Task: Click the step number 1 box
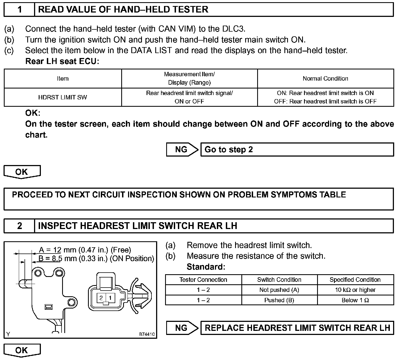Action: pyautogui.click(x=19, y=10)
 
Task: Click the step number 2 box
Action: pyautogui.click(x=19, y=226)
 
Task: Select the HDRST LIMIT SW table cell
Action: pyautogui.click(x=63, y=97)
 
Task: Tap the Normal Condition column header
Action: pyautogui.click(x=325, y=79)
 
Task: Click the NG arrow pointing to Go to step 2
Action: pyautogui.click(x=182, y=150)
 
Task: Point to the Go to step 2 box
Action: pyautogui.click(x=297, y=150)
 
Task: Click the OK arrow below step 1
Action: pyautogui.click(x=22, y=172)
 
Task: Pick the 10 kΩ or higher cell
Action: pyautogui.click(x=355, y=290)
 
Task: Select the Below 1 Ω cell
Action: pyautogui.click(x=355, y=300)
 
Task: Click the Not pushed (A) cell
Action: pyautogui.click(x=279, y=290)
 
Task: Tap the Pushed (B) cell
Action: pyautogui.click(x=279, y=300)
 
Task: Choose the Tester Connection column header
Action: pyautogui.click(x=203, y=280)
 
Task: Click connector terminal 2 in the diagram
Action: pyautogui.click(x=101, y=298)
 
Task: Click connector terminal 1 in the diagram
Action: pyautogui.click(x=110, y=298)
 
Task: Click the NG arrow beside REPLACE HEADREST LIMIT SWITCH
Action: pyautogui.click(x=182, y=328)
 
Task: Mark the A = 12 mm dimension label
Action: pyautogui.click(x=85, y=250)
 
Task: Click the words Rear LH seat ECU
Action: pyautogui.click(x=62, y=62)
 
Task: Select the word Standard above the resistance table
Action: pyautogui.click(x=206, y=267)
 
